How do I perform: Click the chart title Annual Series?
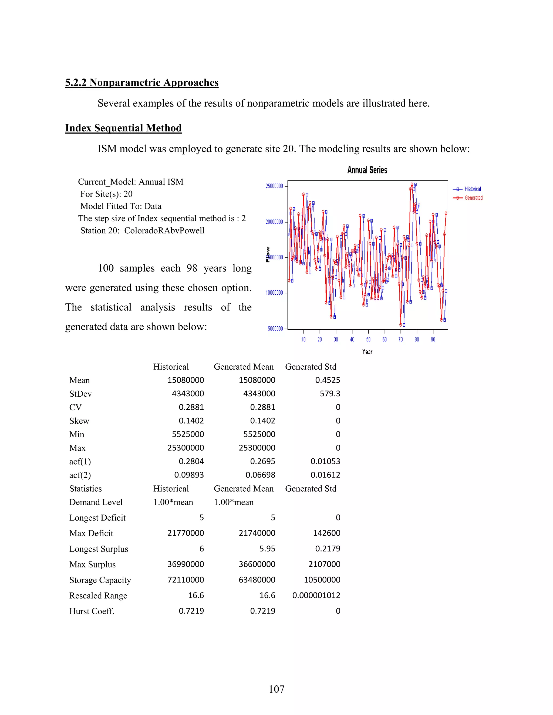tap(367, 170)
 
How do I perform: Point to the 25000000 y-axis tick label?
tap(274, 186)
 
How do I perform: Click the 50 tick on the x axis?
tap(368, 339)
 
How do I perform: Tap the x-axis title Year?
tap(367, 352)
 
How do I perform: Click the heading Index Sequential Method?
tap(123, 128)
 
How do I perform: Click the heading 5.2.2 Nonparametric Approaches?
tap(141, 83)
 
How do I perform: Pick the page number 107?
tap(276, 689)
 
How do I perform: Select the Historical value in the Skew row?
tap(191, 421)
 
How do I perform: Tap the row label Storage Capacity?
tap(100, 580)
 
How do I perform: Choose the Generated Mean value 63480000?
tap(257, 580)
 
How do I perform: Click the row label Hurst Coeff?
tap(92, 611)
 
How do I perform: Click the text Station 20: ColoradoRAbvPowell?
tap(142, 230)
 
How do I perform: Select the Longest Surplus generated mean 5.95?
tap(267, 549)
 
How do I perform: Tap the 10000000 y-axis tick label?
tap(274, 293)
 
